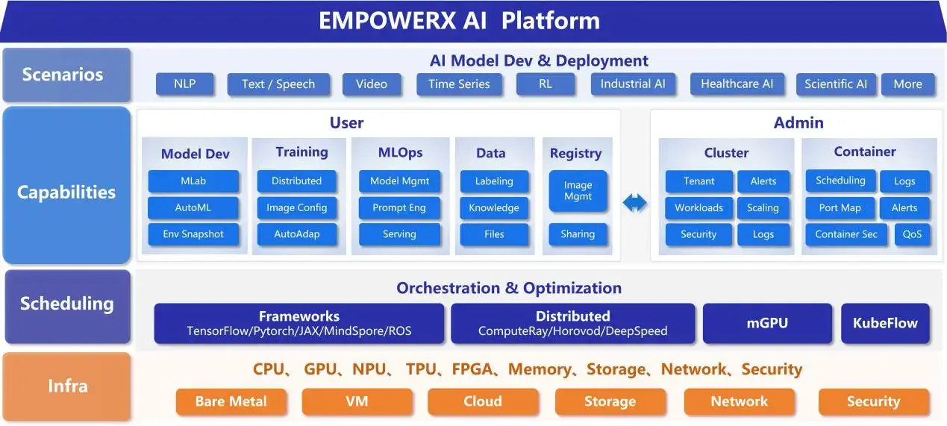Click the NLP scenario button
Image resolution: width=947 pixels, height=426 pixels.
click(185, 84)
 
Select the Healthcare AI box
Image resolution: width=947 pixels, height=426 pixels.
click(737, 84)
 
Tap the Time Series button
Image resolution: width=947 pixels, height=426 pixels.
click(459, 84)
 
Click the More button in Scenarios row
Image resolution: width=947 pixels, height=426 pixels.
click(907, 84)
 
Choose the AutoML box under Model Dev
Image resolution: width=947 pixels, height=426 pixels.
click(193, 207)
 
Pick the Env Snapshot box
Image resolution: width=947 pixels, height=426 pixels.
click(193, 234)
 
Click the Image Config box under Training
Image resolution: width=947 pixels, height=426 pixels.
click(296, 207)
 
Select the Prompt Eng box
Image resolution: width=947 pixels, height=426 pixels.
click(399, 207)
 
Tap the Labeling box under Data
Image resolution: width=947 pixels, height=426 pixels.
click(494, 181)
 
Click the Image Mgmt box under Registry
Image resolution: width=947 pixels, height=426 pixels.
click(578, 191)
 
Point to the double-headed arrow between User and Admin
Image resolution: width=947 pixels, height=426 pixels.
click(635, 203)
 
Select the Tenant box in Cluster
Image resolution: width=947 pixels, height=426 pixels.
click(698, 181)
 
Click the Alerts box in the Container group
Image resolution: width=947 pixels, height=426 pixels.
click(904, 208)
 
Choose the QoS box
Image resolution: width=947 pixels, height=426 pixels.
click(912, 234)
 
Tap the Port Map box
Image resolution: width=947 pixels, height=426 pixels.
click(840, 208)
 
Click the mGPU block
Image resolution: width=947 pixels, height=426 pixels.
click(767, 324)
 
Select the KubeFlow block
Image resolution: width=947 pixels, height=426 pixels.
click(885, 324)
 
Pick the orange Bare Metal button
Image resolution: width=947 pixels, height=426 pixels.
click(231, 401)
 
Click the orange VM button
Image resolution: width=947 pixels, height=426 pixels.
click(357, 401)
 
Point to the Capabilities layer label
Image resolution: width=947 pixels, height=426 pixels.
click(66, 192)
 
